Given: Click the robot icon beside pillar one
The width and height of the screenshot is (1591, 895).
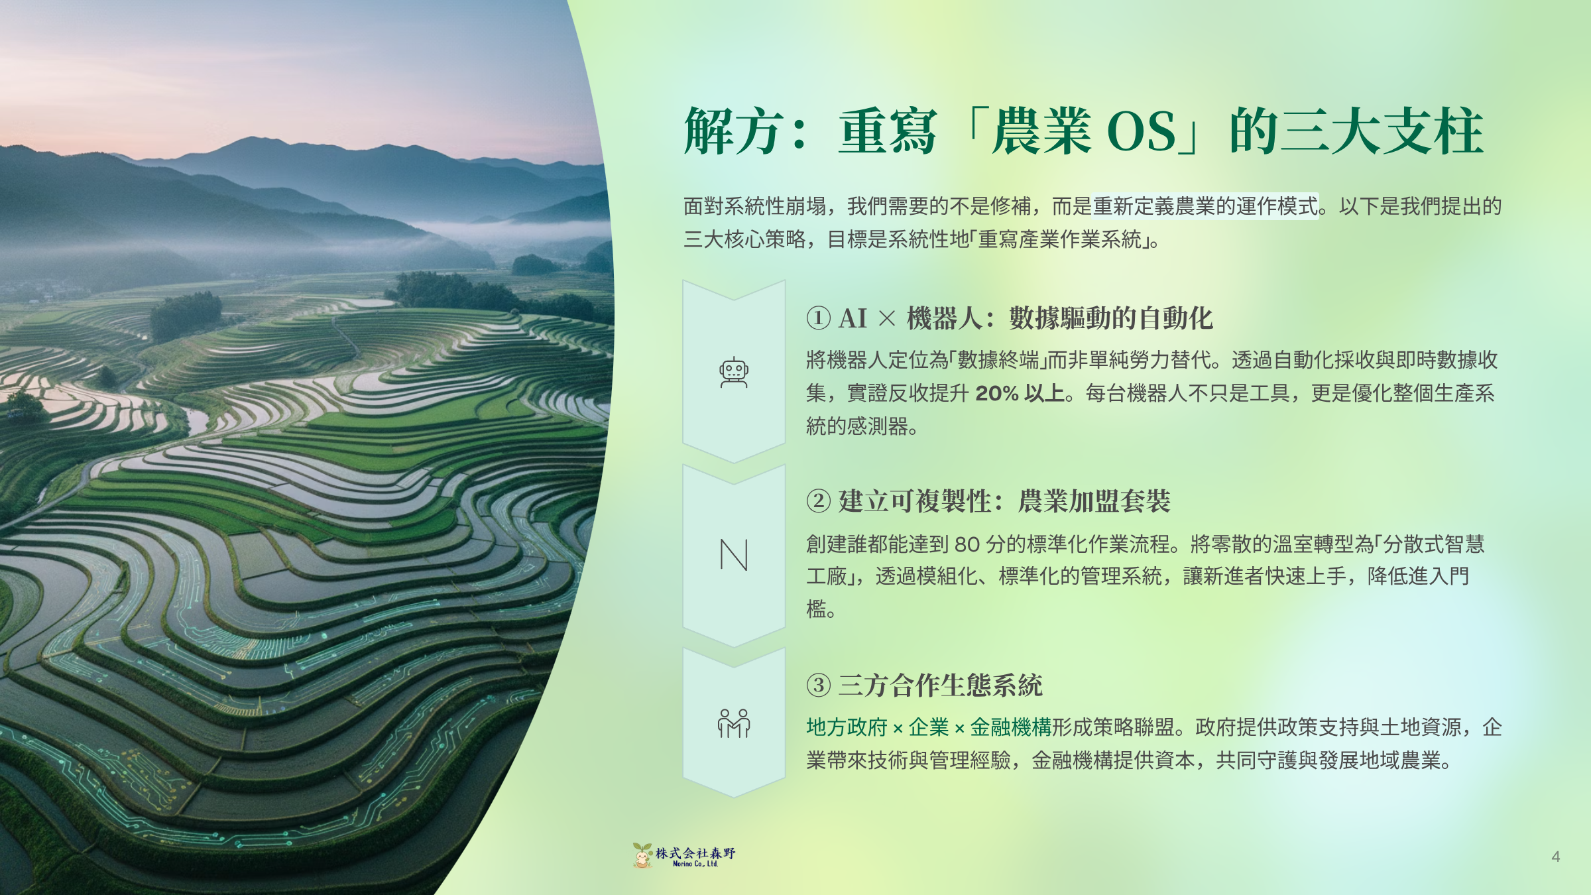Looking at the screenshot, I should coord(734,373).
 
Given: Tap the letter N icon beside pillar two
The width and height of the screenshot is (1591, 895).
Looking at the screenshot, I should coord(734,555).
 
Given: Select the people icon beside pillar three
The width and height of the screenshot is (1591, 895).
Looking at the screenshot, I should coord(734,723).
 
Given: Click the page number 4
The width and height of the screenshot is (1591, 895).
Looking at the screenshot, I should coord(1555,857).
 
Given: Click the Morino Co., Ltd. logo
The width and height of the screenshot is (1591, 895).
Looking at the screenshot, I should coord(685,856).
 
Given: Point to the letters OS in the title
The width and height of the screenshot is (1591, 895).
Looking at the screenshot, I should coord(1141,131).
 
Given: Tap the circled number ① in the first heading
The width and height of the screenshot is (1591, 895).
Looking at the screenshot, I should coord(819,318).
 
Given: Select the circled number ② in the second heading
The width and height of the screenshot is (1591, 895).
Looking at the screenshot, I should coord(819,501).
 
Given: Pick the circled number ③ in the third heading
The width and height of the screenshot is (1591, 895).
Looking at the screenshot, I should coord(819,685).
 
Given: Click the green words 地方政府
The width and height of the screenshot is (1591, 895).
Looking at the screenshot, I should coord(847,727).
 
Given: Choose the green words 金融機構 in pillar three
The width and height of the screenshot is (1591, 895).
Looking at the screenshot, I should coord(1011,727).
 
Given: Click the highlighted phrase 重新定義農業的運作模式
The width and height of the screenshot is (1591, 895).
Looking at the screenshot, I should coord(1205,206).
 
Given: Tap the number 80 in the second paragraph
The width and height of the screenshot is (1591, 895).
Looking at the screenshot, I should coord(967,544).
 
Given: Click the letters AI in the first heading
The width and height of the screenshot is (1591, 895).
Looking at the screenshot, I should coord(853,318).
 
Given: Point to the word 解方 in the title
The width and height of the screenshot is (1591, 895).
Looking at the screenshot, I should coord(733,131).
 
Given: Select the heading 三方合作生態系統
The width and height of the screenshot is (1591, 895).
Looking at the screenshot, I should coord(941,685).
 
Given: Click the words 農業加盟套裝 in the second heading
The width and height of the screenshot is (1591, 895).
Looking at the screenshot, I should coord(1094,501).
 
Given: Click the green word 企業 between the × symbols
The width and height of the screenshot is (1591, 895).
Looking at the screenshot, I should coord(929,727).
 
